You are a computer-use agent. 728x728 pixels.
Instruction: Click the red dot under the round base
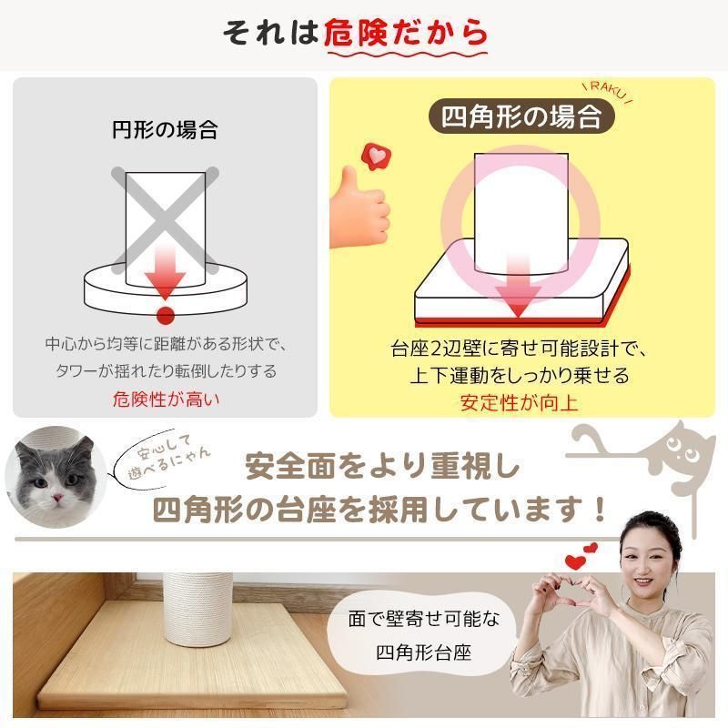click(x=165, y=315)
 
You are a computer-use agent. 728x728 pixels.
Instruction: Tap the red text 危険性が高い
click(x=165, y=398)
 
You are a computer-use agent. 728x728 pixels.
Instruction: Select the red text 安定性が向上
click(x=519, y=401)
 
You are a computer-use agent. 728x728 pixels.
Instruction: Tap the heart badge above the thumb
click(x=374, y=156)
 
